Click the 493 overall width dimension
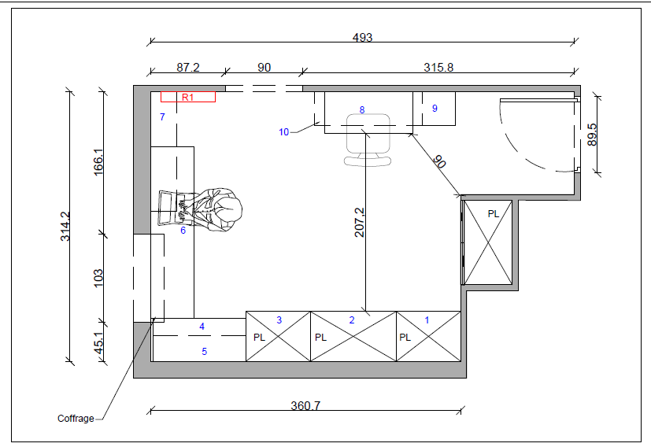point(362,37)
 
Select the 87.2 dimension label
point(188,67)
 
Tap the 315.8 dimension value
point(438,67)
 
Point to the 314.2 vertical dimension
point(65,226)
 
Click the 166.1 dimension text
point(98,162)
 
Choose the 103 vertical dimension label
point(98,278)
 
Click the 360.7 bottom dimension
point(305,405)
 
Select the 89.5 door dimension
point(592,135)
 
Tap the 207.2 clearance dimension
point(360,223)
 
